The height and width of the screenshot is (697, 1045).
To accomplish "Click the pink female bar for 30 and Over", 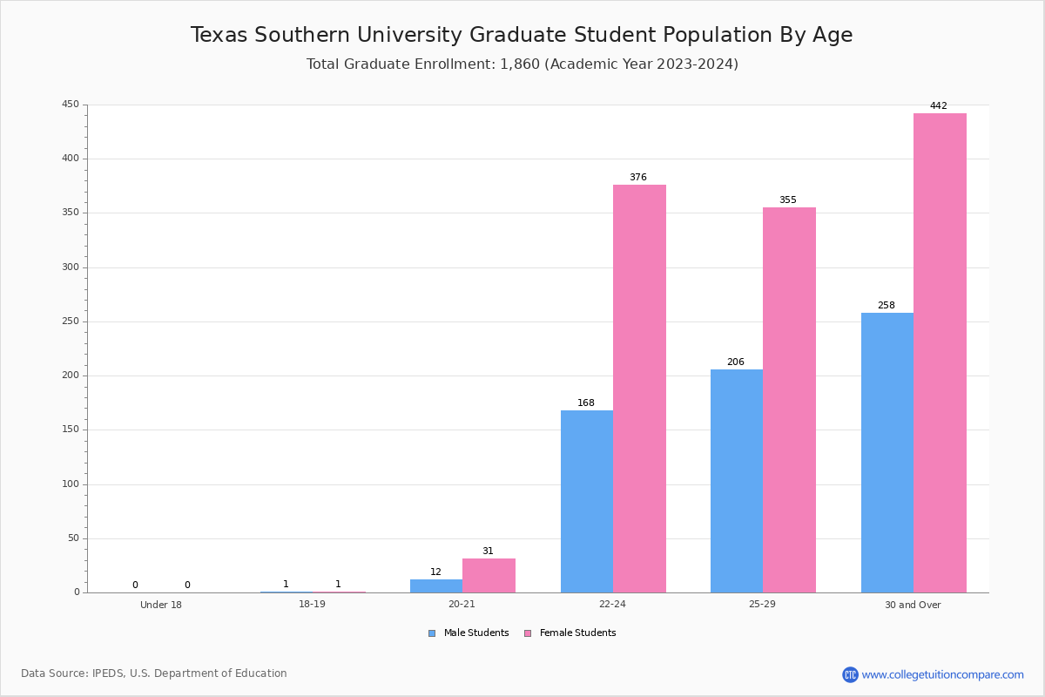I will click(x=940, y=353).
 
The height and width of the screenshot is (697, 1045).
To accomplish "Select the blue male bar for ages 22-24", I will click(x=587, y=501).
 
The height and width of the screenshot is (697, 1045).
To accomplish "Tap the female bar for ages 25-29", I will click(x=789, y=400).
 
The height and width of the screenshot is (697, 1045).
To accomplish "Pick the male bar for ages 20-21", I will click(x=436, y=585).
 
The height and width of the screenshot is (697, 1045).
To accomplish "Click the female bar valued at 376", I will click(x=639, y=389).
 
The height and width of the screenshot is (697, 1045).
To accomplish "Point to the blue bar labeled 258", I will click(x=887, y=452).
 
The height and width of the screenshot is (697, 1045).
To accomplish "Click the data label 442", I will click(x=938, y=106).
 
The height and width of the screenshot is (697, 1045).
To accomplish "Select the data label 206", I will click(x=736, y=362).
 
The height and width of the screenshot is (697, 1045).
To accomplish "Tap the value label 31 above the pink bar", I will click(x=488, y=552).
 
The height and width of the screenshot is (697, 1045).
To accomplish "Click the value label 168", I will click(x=586, y=403).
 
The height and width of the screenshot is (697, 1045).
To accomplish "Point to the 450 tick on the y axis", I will click(x=70, y=105).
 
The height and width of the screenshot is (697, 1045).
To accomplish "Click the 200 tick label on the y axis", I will click(x=70, y=376).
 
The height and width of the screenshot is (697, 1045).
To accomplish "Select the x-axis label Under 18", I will click(x=161, y=605).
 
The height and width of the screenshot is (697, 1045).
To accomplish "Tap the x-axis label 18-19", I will click(x=312, y=605).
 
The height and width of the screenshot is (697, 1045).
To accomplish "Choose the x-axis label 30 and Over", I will click(x=913, y=605).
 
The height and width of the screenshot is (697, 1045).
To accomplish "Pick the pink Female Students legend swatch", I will click(x=528, y=633).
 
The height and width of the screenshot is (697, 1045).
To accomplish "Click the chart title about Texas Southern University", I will click(x=522, y=35).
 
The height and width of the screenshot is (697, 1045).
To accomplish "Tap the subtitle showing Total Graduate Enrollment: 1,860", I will click(x=522, y=64).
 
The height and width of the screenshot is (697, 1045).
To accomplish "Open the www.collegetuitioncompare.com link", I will click(x=942, y=674).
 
